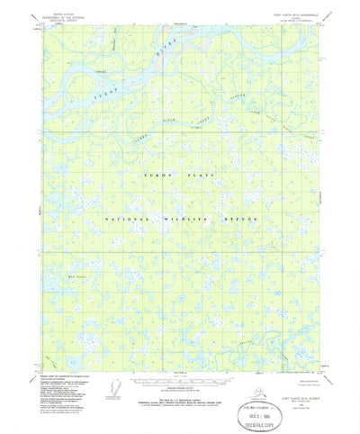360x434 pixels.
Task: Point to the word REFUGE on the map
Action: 240,219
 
